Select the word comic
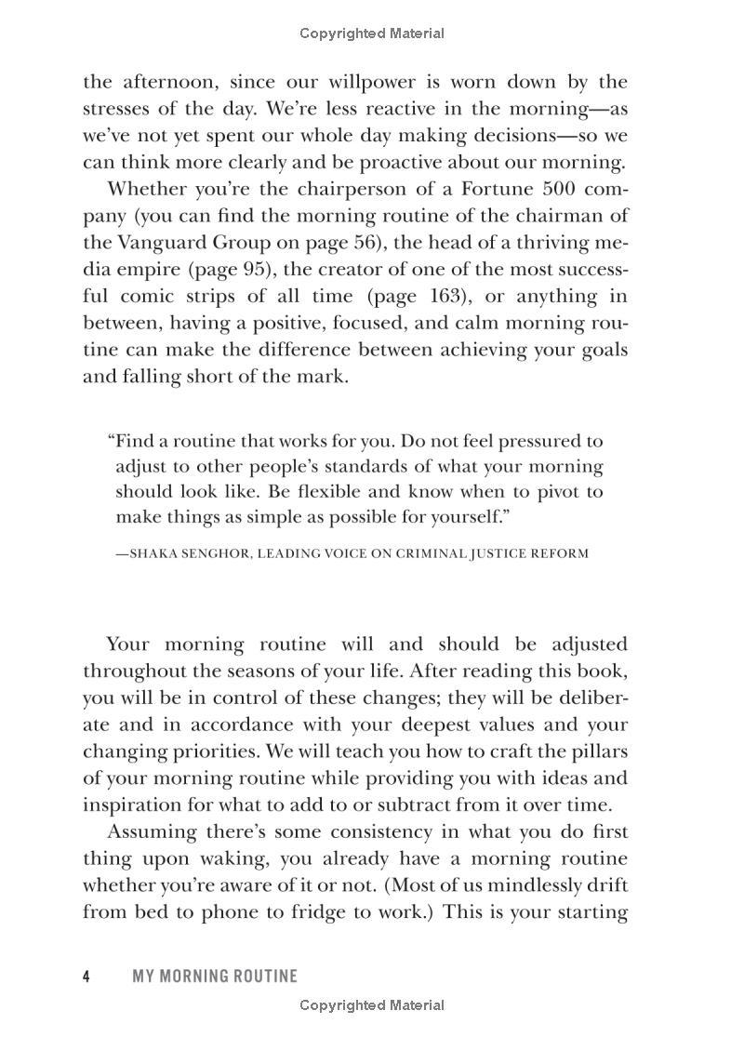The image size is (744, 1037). coord(152,297)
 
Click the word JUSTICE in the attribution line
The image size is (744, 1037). coord(490,553)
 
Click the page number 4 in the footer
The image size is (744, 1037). coord(86,976)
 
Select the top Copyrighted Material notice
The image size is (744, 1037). coord(372,33)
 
